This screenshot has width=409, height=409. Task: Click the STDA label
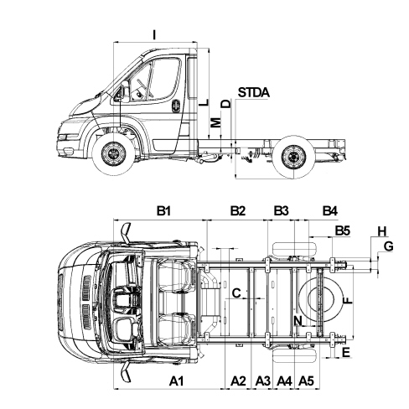(254, 92)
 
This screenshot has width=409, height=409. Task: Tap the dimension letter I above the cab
(154, 35)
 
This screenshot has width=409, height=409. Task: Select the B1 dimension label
(163, 210)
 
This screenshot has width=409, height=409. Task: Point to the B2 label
(238, 210)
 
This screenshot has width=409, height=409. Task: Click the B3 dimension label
(281, 210)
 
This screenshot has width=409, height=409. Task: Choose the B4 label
(330, 210)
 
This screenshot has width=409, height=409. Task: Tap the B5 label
(343, 230)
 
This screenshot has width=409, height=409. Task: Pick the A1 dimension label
(177, 381)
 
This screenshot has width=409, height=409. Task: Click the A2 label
(238, 381)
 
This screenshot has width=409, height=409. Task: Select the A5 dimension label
(306, 381)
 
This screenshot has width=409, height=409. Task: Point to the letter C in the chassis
(236, 293)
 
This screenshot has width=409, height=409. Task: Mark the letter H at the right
(382, 231)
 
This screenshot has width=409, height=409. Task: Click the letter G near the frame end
(388, 246)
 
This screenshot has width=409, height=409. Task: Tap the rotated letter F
(347, 300)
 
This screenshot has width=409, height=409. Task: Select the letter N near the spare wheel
(298, 320)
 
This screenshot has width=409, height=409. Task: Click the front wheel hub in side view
(114, 154)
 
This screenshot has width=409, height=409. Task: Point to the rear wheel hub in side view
(293, 157)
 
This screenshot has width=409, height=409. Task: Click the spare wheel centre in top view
(321, 299)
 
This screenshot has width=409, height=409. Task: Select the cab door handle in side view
(176, 106)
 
